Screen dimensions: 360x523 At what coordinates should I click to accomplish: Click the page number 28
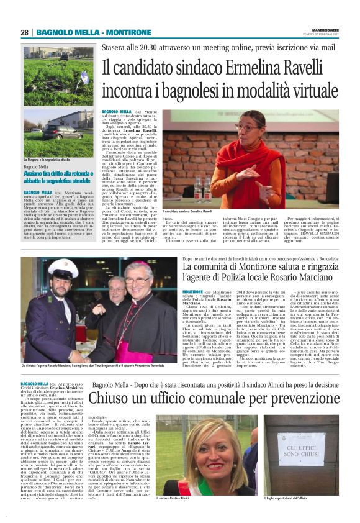tap(25, 32)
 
